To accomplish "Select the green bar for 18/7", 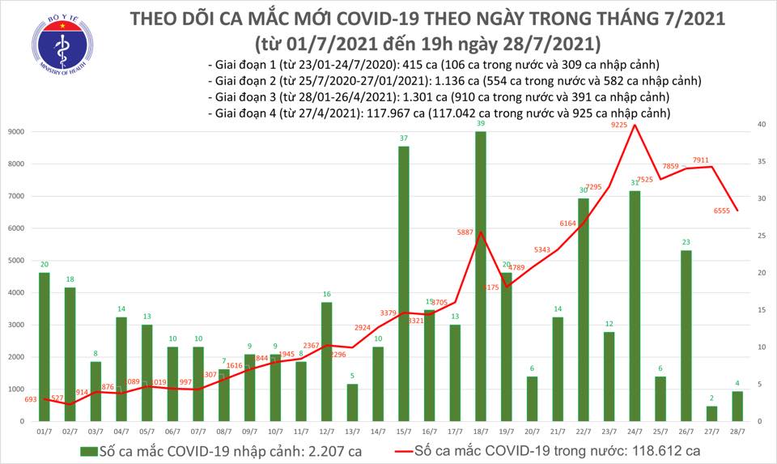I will coord(480,276).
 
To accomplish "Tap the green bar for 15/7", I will coord(403,283).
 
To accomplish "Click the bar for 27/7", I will coord(711,413).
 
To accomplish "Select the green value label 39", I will coord(481,124).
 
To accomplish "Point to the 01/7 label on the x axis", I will coord(45,433).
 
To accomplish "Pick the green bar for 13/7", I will coord(352,402).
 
